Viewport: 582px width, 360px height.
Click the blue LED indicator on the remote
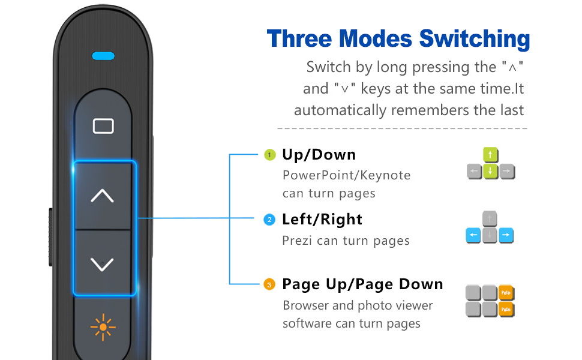103,56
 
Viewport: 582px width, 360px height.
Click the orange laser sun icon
103,327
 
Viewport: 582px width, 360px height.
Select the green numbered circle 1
270,155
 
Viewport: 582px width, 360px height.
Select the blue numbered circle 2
269,220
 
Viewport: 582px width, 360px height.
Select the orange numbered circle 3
269,284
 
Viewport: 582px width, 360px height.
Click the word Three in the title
299,38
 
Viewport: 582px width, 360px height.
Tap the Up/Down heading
319,155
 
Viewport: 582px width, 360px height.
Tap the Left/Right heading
322,220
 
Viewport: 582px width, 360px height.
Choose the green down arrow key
490,171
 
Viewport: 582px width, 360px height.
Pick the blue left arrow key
473,235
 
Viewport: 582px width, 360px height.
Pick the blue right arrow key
506,235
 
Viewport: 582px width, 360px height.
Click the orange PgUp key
506,293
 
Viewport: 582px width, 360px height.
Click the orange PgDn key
506,309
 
